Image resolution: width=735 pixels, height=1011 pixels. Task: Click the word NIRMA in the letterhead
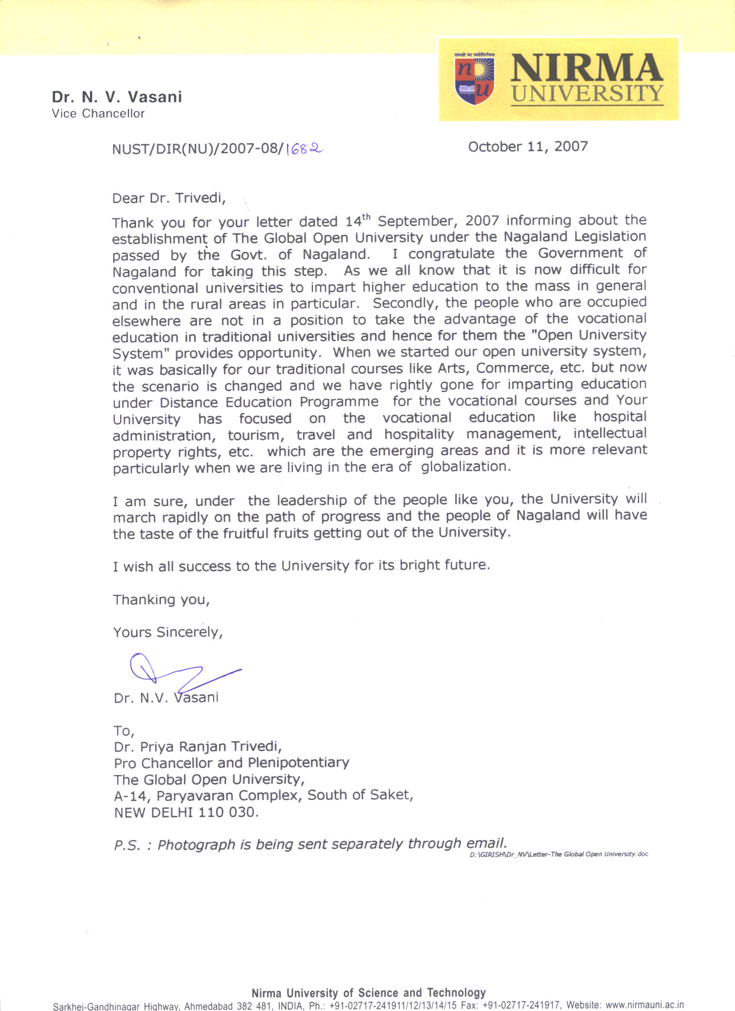[x=586, y=67]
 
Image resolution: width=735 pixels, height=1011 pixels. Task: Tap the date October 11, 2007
[x=528, y=147]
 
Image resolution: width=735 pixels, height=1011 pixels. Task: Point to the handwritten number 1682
[x=304, y=150]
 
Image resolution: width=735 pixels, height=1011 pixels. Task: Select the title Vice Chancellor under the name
[x=98, y=114]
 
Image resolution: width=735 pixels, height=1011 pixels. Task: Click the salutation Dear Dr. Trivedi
[x=169, y=198]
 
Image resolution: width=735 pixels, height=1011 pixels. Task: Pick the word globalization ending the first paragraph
[x=465, y=466]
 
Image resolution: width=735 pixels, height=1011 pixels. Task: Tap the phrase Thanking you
[x=161, y=600]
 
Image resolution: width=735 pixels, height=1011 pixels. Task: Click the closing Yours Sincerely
[x=168, y=632]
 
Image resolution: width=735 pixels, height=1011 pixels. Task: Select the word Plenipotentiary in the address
[x=298, y=763]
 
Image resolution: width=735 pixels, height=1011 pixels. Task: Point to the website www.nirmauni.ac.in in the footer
[x=644, y=1004]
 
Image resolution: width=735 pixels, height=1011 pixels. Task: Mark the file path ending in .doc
[x=559, y=854]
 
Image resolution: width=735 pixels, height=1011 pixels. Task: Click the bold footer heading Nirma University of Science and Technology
[x=368, y=993]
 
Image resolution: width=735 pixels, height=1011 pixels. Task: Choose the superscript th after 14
[x=366, y=217]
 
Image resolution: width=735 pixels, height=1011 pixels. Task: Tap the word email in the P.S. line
[x=486, y=843]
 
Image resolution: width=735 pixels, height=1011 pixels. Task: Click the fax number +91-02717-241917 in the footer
[x=521, y=1004]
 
